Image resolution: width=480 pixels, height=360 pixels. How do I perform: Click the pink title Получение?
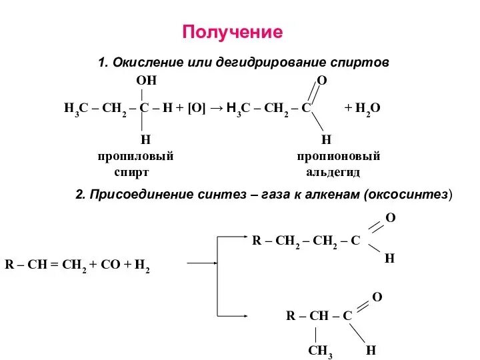pyautogui.click(x=233, y=32)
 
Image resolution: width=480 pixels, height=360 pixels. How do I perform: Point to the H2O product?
pyautogui.click(x=367, y=107)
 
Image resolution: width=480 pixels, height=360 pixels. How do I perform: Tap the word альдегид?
pyautogui.click(x=333, y=172)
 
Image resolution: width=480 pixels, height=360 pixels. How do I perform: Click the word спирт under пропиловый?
pyautogui.click(x=131, y=172)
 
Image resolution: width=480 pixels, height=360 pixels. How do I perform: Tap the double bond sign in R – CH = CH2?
pyautogui.click(x=54, y=264)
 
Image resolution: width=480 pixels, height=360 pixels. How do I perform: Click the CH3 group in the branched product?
pyautogui.click(x=320, y=351)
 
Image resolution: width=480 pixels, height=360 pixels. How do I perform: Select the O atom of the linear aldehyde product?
pyautogui.click(x=391, y=218)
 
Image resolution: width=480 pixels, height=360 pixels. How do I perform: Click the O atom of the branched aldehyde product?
pyautogui.click(x=377, y=295)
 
